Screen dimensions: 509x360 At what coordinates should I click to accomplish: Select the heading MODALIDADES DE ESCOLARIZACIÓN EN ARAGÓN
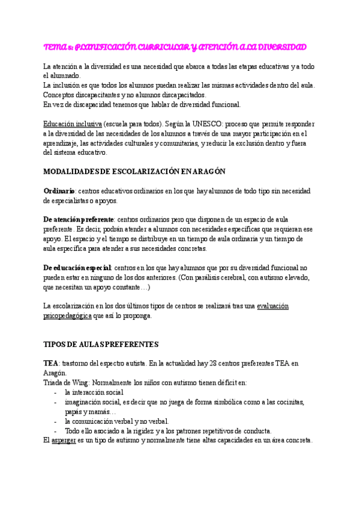point(134,171)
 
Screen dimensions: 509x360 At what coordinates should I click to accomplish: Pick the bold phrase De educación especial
point(77,267)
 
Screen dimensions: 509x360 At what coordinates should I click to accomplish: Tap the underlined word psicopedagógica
point(67,315)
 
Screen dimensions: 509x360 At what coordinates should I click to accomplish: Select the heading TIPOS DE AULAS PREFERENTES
point(101,345)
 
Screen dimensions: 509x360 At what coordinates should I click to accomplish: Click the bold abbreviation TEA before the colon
point(50,364)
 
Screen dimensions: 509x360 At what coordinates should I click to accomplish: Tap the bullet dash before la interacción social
point(55,392)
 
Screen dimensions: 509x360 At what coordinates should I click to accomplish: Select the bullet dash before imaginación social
point(55,402)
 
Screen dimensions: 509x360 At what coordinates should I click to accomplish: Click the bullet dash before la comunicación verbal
point(55,421)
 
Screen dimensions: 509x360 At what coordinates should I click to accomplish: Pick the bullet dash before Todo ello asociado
point(55,430)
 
